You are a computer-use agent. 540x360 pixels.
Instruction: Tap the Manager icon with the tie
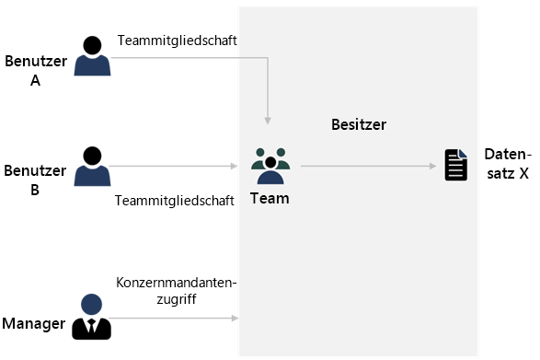coord(91,316)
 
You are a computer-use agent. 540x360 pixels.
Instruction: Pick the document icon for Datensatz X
coord(455,165)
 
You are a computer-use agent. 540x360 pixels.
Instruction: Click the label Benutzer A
coord(35,71)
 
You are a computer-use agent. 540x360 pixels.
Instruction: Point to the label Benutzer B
coord(35,180)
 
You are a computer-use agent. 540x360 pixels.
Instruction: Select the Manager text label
coord(34,323)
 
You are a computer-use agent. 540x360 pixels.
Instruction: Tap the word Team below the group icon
coord(270,198)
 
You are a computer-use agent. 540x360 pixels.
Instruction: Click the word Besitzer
coord(359,124)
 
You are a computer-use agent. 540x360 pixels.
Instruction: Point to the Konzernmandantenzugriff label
coord(177,292)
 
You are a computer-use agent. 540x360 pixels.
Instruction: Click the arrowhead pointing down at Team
coord(268,119)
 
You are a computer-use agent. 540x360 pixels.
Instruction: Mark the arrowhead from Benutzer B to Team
coord(235,167)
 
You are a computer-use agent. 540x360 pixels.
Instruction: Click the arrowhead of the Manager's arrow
coord(235,318)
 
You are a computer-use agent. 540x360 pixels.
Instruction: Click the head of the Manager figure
coord(91,303)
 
